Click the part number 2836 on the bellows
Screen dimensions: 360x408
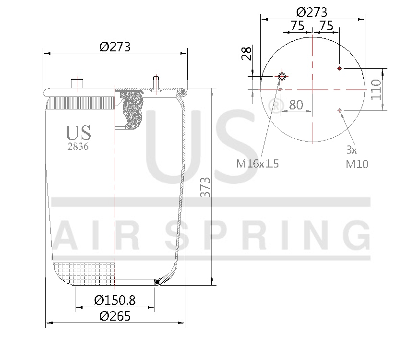coord(78,147)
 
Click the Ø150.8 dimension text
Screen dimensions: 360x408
coord(115,300)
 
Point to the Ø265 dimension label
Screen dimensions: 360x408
coord(115,316)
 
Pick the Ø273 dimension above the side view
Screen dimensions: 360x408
coord(115,47)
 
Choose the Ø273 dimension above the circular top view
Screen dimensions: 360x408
coord(312,12)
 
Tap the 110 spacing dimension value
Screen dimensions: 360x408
coord(376,90)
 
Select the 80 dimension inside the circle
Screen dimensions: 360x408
coord(296,104)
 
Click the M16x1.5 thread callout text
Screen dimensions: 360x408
coord(257,164)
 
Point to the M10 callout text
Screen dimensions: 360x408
coord(357,164)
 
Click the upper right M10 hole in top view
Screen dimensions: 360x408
coord(339,69)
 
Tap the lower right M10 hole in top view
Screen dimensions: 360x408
coord(339,110)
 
